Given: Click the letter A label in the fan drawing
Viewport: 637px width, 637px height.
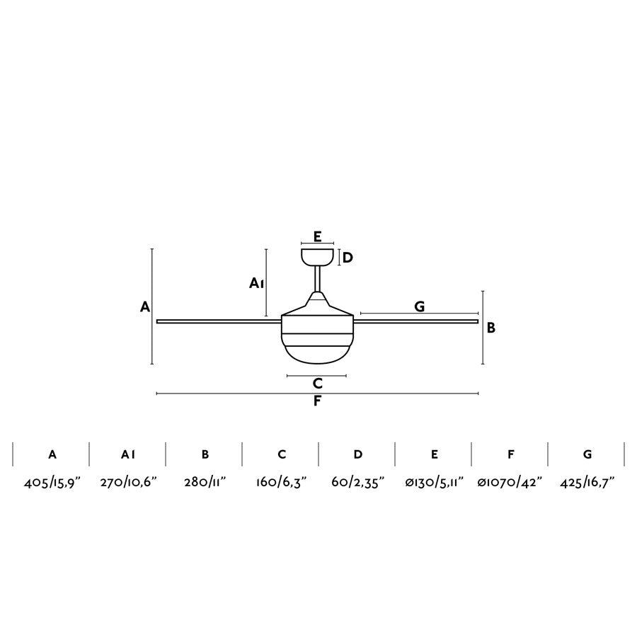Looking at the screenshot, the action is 145,306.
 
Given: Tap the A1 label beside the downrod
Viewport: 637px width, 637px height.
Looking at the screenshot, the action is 256,283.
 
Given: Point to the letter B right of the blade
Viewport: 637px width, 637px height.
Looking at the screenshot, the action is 491,328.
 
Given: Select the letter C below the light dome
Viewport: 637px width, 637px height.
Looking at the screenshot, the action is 318,383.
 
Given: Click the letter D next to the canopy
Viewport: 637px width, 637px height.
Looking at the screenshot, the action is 348,258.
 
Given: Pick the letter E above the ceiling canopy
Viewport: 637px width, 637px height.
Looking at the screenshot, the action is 318,236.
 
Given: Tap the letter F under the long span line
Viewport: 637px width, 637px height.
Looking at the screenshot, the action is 317,401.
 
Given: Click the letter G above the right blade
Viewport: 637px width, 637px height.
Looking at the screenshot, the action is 420,306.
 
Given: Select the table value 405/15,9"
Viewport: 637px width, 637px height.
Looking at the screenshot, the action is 52,482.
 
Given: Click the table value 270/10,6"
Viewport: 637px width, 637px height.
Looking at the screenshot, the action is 128,482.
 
